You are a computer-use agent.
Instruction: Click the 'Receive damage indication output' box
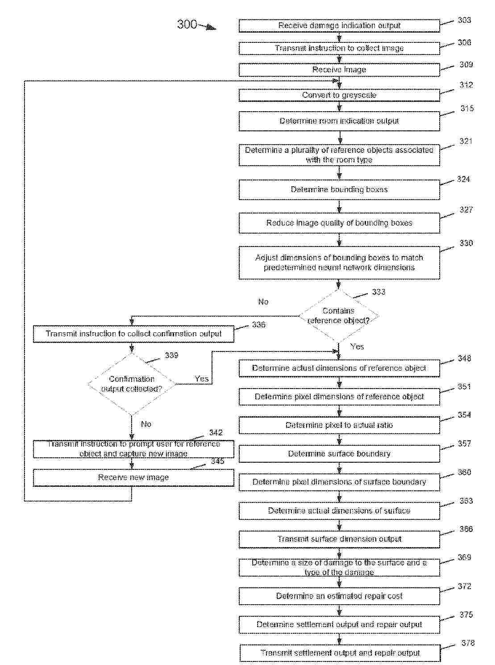coord(339,26)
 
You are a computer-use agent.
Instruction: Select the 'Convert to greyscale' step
coord(339,95)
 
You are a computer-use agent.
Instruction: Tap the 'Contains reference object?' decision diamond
coord(338,316)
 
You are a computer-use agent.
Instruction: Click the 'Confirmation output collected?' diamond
coord(132,384)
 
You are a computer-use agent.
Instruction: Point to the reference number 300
coord(187,24)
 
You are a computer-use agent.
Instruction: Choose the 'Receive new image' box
coord(133,477)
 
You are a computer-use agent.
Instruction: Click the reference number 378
coord(468,643)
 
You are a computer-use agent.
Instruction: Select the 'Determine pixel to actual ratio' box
coord(339,425)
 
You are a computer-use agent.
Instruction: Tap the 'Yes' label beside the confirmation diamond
coord(202,379)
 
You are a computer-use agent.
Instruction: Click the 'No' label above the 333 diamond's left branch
coord(263,302)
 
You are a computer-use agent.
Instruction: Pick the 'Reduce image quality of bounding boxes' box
coord(339,223)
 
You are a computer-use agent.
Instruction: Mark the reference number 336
coord(258,325)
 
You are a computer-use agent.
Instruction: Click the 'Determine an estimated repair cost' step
coord(339,596)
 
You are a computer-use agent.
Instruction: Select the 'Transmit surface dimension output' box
coord(339,539)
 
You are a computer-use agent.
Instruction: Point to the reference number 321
coord(466,141)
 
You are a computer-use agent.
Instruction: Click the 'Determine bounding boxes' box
coord(339,189)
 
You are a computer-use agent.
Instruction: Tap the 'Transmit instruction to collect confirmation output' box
coord(133,334)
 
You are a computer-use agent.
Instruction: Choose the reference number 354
coord(464,415)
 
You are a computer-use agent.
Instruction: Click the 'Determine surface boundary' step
coord(339,454)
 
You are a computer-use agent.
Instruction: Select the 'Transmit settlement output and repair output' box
coord(340,653)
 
